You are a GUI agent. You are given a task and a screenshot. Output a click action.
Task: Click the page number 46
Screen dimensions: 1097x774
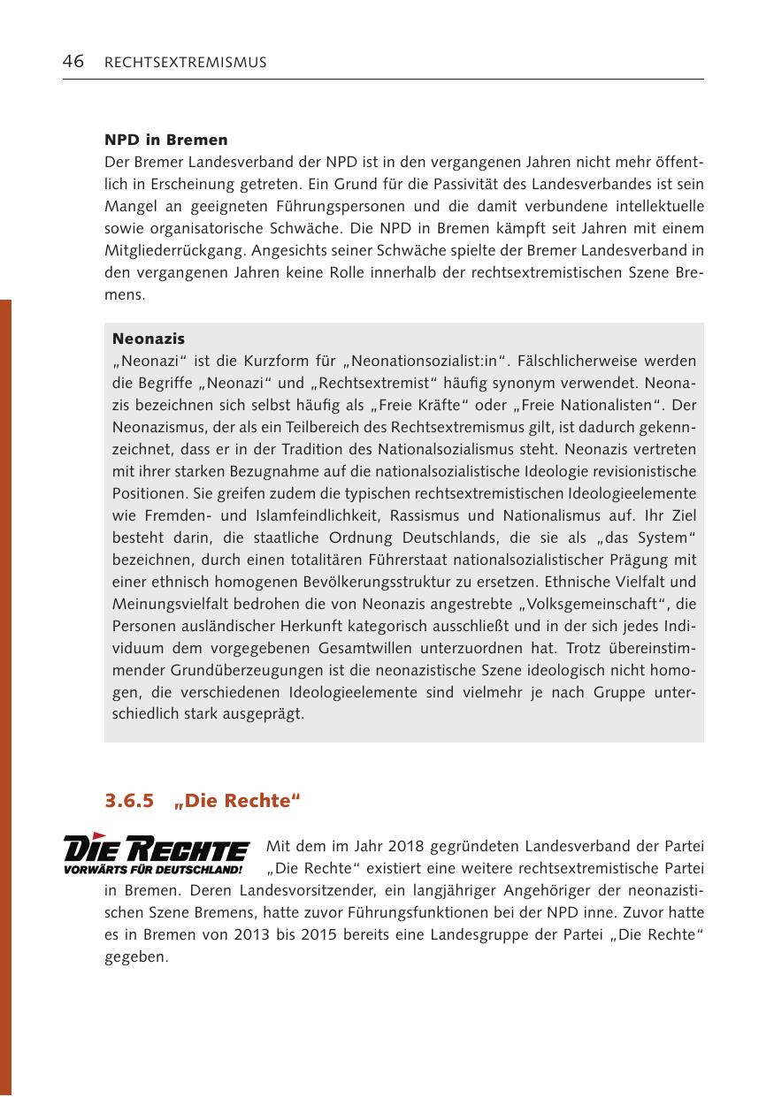(73, 62)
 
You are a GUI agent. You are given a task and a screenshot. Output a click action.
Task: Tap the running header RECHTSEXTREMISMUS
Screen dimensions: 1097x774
(185, 63)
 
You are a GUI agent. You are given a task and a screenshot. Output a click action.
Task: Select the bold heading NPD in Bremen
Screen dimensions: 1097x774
(165, 140)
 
